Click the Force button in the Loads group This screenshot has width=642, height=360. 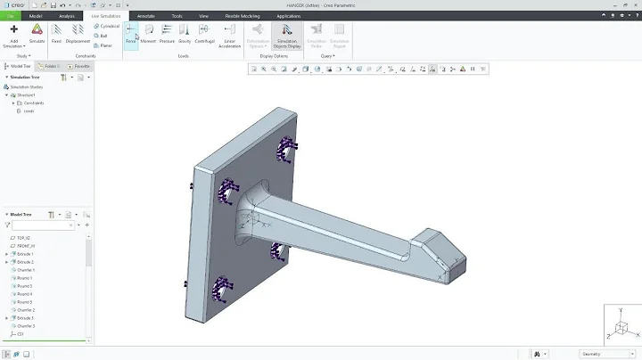click(x=131, y=33)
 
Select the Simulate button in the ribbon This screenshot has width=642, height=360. click(x=37, y=33)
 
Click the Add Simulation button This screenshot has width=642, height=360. click(x=13, y=34)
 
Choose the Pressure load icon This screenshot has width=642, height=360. click(x=167, y=33)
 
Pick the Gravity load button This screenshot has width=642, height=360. click(x=185, y=33)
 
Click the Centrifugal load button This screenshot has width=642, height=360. click(x=205, y=33)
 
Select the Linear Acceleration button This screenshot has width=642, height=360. click(x=230, y=34)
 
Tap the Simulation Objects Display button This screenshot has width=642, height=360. click(x=287, y=34)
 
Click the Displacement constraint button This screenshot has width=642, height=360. click(x=78, y=33)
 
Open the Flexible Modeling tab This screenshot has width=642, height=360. click(x=243, y=16)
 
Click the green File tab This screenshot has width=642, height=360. click(x=11, y=16)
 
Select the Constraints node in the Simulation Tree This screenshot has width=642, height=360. click(x=34, y=103)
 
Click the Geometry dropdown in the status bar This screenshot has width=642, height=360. click(x=602, y=354)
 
